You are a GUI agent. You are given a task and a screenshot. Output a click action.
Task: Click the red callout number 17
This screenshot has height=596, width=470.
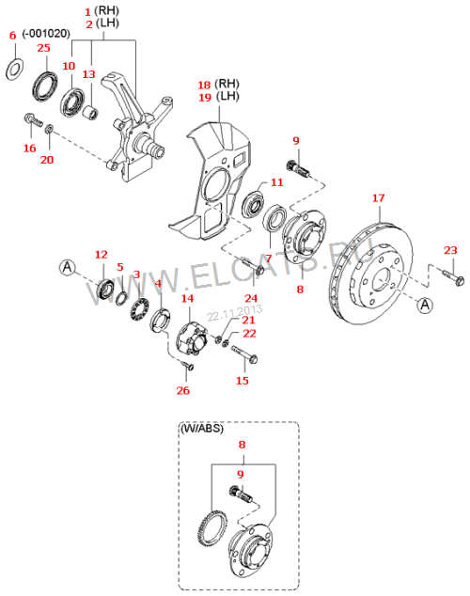[378, 198]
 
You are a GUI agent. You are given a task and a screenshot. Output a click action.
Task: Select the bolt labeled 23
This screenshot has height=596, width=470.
[453, 276]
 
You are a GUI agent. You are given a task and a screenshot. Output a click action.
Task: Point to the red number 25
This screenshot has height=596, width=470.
[43, 48]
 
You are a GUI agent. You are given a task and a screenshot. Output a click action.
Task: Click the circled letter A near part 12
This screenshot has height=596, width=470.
[68, 267]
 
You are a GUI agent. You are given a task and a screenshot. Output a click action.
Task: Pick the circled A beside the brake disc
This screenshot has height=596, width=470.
[425, 305]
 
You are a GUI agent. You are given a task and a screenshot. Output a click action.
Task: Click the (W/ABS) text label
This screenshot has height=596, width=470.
[202, 429]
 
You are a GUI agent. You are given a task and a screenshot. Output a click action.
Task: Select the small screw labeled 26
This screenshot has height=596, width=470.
[188, 366]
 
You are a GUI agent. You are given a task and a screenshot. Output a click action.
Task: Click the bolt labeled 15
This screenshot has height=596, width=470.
[244, 353]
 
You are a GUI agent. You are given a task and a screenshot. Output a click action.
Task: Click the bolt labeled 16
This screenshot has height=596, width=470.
[33, 119]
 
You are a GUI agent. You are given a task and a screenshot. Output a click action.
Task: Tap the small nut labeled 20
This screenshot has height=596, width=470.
[49, 129]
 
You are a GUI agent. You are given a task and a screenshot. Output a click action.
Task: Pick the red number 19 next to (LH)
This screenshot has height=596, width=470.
[205, 98]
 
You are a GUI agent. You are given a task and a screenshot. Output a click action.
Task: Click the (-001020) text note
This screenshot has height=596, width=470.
[46, 34]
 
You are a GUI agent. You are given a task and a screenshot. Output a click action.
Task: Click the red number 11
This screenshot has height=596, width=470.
[277, 182]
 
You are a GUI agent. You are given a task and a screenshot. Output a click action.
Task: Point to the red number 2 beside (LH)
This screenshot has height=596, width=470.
[89, 24]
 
